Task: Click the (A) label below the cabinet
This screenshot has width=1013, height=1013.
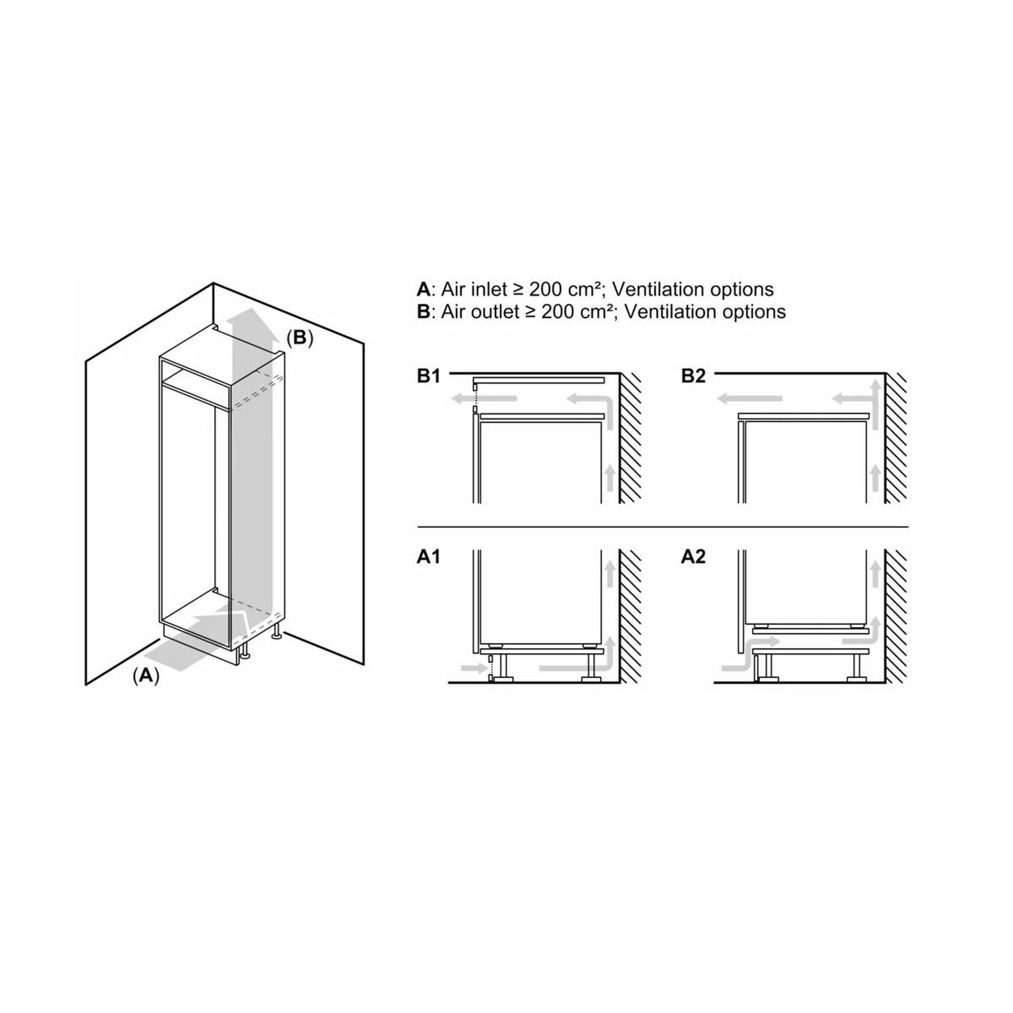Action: point(146,676)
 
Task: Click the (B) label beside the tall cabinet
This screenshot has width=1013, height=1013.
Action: point(299,338)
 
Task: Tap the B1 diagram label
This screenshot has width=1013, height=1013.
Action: point(428,376)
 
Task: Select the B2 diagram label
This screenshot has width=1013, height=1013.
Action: point(693,376)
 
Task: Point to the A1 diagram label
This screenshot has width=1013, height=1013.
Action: point(428,557)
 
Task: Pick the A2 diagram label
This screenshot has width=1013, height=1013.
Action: point(693,557)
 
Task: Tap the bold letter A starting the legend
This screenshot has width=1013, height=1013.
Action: point(423,289)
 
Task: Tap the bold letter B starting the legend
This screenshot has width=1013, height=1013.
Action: point(423,312)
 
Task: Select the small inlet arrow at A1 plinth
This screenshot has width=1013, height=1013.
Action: point(474,667)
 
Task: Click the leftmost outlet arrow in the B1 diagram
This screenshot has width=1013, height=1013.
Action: point(484,399)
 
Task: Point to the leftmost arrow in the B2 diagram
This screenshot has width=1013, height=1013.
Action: point(750,399)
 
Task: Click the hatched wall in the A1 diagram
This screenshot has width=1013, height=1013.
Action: point(630,617)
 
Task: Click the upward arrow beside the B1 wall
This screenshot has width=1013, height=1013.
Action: point(609,477)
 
